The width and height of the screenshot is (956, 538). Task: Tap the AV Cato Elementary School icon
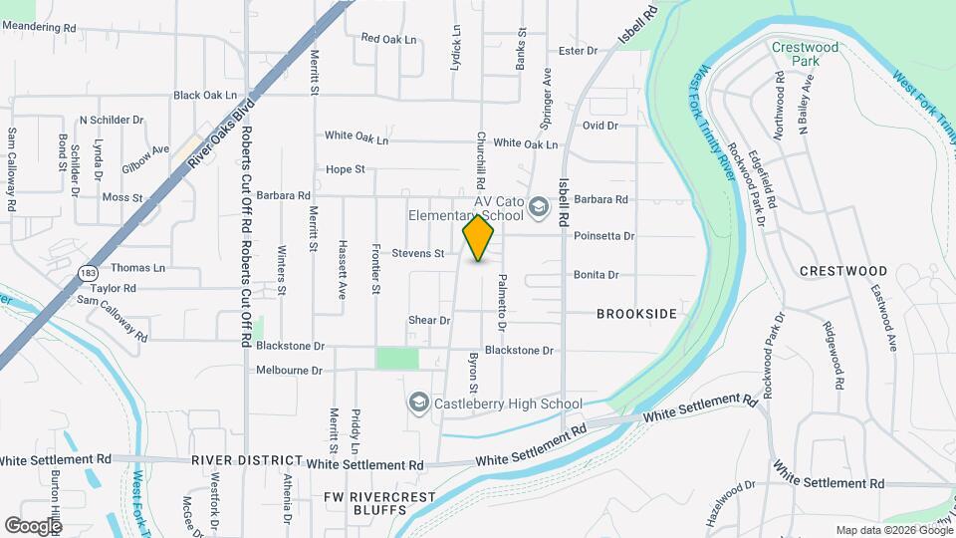click(x=539, y=207)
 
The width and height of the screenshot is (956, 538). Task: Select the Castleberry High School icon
click(x=419, y=403)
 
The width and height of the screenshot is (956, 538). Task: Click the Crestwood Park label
click(x=806, y=54)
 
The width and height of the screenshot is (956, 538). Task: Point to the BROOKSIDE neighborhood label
click(x=636, y=314)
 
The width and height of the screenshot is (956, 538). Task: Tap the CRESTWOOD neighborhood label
click(x=843, y=271)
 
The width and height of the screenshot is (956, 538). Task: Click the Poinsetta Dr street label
click(x=604, y=236)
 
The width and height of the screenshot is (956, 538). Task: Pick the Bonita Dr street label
click(x=597, y=275)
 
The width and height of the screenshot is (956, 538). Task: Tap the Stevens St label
click(x=417, y=253)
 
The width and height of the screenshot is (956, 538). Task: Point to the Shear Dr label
click(x=429, y=320)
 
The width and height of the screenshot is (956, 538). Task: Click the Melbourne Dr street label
click(x=290, y=370)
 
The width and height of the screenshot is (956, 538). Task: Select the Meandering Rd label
click(x=40, y=28)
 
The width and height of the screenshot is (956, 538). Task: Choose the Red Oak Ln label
click(x=386, y=39)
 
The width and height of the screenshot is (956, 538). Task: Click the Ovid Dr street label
click(x=600, y=126)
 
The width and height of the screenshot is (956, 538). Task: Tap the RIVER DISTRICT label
click(x=247, y=459)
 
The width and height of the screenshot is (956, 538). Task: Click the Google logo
click(x=33, y=525)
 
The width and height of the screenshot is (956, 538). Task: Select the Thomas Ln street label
click(x=137, y=268)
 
